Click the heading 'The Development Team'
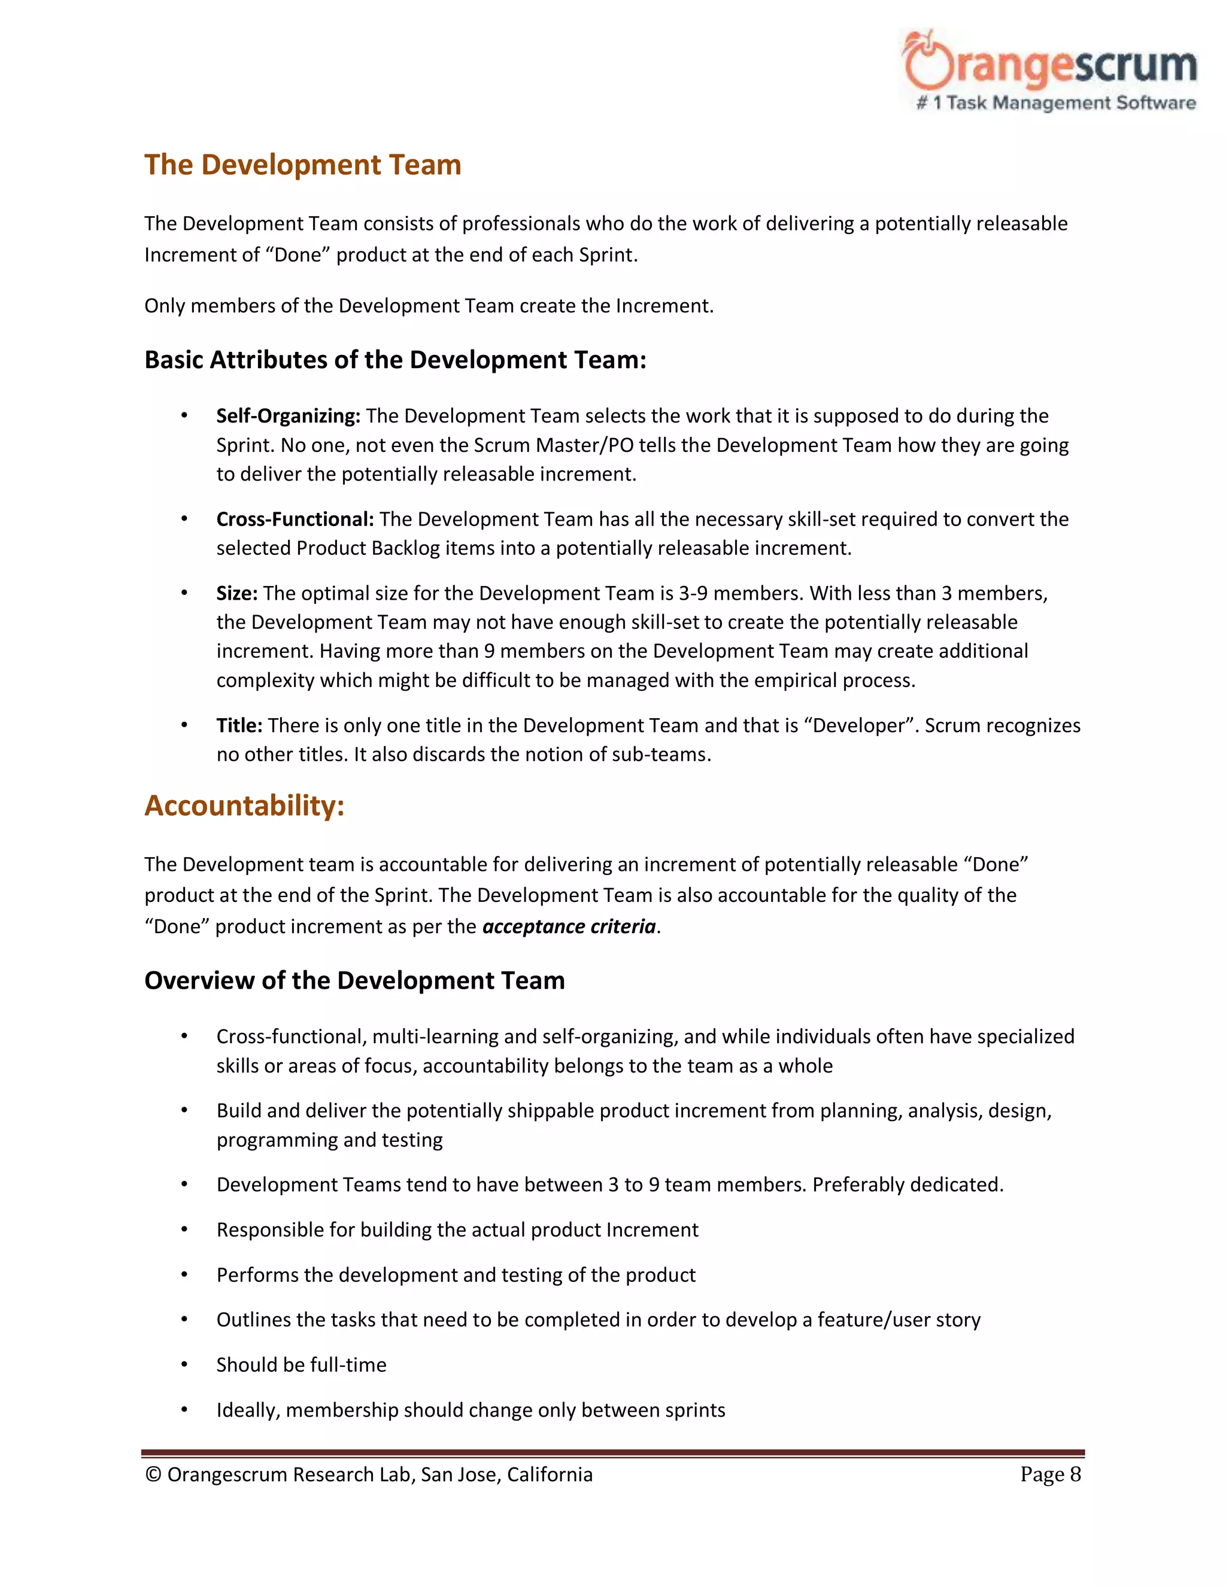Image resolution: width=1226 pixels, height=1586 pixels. (302, 165)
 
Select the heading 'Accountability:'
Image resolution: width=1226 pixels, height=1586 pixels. (244, 806)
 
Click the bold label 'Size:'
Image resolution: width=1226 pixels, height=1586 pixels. (237, 593)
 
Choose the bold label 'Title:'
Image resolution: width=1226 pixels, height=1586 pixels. (239, 725)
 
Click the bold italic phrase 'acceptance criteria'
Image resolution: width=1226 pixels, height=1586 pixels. (569, 926)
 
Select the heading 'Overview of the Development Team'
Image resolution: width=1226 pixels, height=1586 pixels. (354, 980)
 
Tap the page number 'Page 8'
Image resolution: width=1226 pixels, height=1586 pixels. (1050, 1474)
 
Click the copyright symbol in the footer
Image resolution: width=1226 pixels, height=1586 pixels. (153, 1475)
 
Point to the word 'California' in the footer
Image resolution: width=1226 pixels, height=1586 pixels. (550, 1475)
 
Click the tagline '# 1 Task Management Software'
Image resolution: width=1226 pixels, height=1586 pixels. (1056, 103)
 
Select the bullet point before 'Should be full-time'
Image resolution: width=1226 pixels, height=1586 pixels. (184, 1364)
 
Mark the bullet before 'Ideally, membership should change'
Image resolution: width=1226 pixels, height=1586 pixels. (184, 1409)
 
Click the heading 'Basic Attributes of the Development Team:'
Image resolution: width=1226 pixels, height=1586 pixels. (395, 360)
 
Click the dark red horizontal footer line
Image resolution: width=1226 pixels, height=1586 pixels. (612, 1453)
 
